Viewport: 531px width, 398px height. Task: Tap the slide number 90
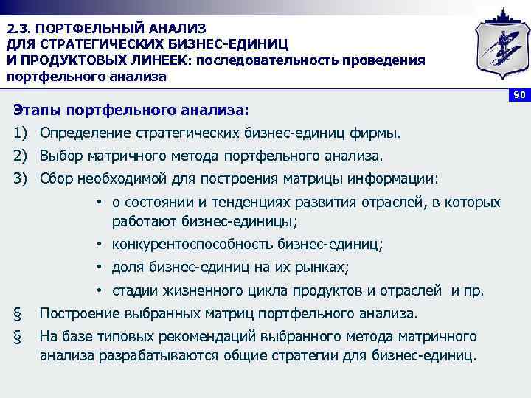(519, 96)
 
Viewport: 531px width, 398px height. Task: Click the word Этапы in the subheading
(36, 111)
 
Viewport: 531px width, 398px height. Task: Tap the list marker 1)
(20, 133)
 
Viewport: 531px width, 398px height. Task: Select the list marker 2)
(20, 156)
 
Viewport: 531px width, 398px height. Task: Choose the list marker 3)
(20, 179)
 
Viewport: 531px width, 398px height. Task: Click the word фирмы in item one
(379, 133)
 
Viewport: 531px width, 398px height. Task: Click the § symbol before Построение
(17, 313)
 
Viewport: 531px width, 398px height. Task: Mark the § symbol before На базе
(17, 337)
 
